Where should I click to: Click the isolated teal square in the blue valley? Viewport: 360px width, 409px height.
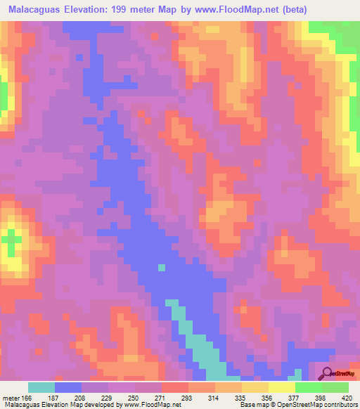click(162, 267)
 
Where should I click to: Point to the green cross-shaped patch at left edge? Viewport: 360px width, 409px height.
click(10, 243)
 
